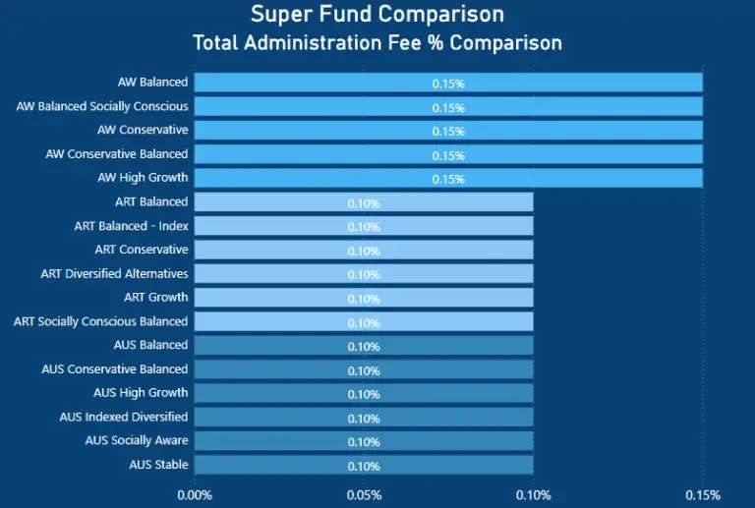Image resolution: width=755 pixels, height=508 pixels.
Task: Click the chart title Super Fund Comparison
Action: click(377, 15)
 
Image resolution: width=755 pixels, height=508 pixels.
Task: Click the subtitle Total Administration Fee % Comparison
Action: click(377, 43)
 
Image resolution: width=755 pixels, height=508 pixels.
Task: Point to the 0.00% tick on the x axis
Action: click(195, 494)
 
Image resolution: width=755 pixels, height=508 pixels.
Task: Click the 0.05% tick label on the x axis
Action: click(364, 494)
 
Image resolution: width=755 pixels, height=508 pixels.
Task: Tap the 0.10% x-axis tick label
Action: click(533, 494)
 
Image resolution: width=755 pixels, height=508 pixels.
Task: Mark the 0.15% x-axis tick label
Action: click(702, 494)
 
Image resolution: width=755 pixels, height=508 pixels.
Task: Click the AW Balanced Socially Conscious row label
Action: click(102, 106)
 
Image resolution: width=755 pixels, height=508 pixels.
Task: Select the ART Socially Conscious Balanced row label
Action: click(100, 321)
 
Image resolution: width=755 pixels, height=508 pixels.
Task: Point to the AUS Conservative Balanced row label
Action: click(114, 369)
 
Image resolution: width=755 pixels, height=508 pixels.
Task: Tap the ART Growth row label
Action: click(155, 297)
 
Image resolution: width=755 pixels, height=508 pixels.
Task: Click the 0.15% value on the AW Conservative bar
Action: click(448, 132)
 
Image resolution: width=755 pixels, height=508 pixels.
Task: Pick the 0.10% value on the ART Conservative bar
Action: click(364, 252)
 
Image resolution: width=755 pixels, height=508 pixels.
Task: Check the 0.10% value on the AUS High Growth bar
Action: click(364, 395)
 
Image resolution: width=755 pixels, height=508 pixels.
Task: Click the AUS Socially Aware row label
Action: click(137, 440)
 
